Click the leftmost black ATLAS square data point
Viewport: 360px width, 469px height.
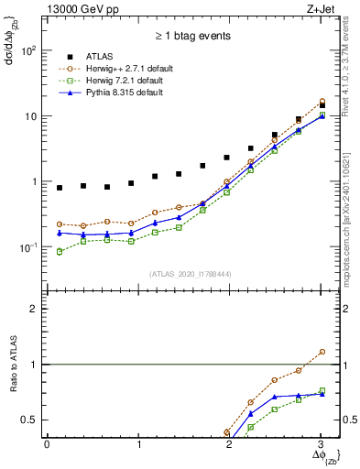(x=60, y=188)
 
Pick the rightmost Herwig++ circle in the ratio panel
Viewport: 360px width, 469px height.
(x=321, y=352)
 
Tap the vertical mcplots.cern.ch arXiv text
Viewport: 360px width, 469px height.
(x=351, y=211)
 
